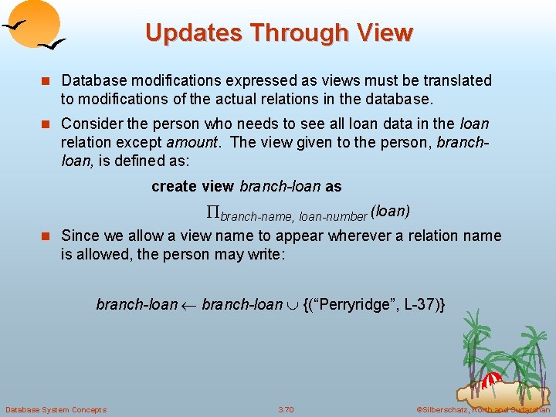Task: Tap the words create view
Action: pos(193,187)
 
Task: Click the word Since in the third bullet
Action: pos(79,236)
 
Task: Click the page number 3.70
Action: pos(286,409)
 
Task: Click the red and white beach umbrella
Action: pos(492,379)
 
